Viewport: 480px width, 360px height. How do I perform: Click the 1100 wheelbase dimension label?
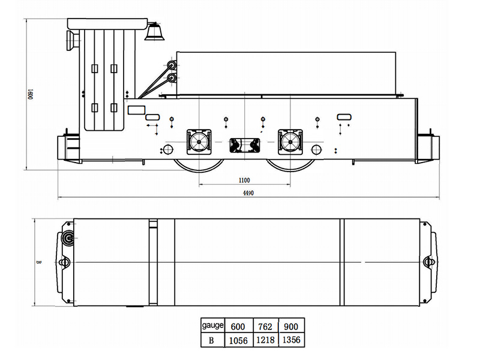pyautogui.click(x=244, y=181)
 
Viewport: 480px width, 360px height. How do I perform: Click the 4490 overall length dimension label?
pyautogui.click(x=248, y=193)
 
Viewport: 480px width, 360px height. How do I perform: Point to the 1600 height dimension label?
pyautogui.click(x=30, y=94)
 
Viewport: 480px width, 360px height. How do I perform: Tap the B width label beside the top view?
pyautogui.click(x=38, y=262)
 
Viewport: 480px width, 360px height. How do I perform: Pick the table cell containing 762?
pyautogui.click(x=266, y=326)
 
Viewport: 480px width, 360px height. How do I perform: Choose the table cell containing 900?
pyautogui.click(x=292, y=326)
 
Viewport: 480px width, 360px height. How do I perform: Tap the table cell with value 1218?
pyautogui.click(x=266, y=340)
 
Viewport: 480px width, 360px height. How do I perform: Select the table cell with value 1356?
pyautogui.click(x=292, y=340)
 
